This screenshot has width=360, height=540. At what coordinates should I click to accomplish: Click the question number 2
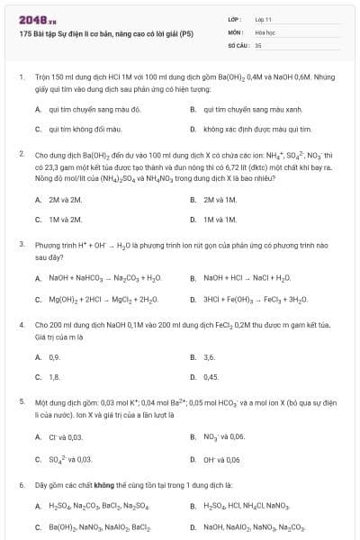[22, 154]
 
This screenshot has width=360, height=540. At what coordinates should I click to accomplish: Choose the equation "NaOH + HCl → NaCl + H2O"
[247, 278]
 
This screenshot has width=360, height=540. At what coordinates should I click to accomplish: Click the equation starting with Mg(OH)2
[103, 299]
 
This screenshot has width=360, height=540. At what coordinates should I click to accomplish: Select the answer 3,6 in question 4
[210, 357]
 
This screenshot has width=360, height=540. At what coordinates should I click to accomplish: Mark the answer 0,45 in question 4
[211, 377]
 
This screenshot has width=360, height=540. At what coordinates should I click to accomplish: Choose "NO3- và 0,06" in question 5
[224, 436]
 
